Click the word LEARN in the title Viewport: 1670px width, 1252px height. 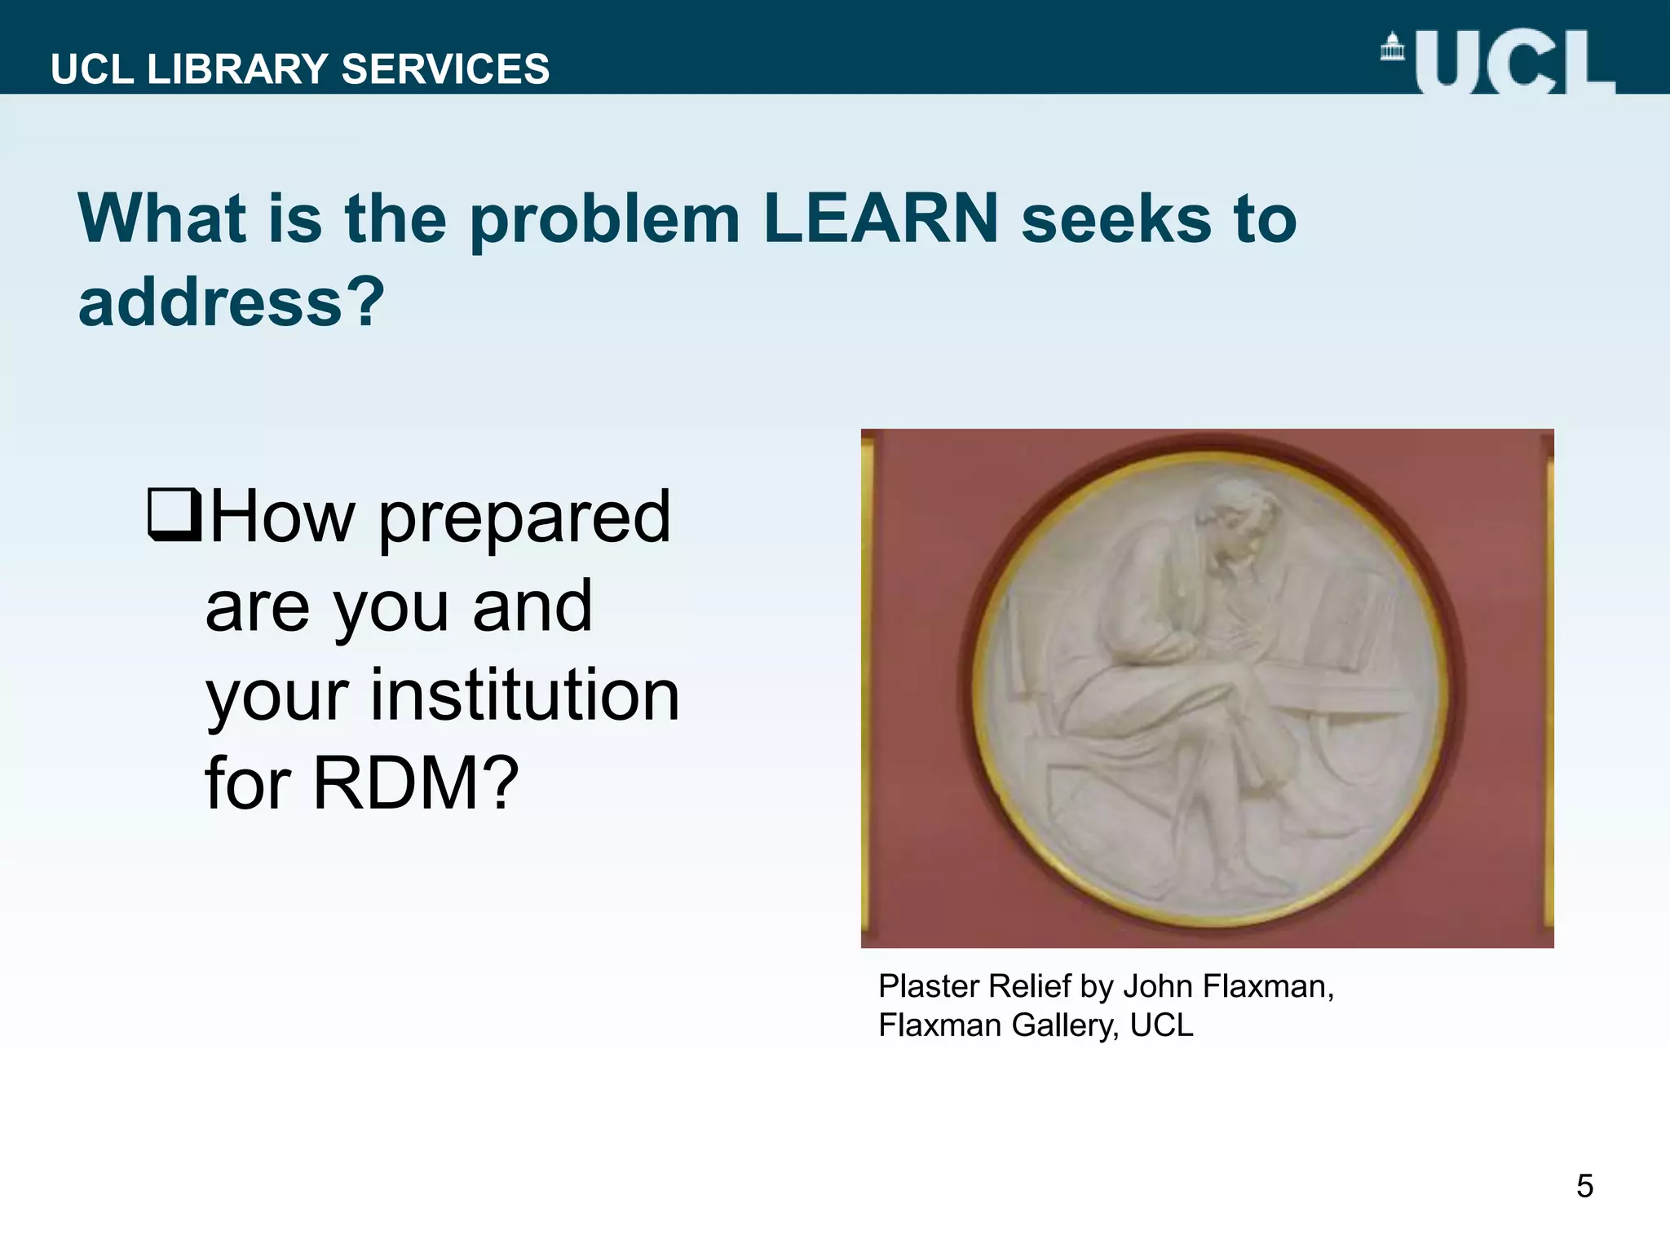tap(881, 218)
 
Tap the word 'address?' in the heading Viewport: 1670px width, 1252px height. tap(231, 302)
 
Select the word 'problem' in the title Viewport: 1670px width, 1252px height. tap(604, 220)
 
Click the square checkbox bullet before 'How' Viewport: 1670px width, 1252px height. tap(174, 514)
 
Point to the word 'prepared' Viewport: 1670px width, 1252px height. tap(524, 518)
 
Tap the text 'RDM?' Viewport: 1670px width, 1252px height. tap(416, 783)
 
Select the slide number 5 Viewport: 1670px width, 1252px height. tap(1584, 1186)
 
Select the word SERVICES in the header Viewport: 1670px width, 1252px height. tap(445, 69)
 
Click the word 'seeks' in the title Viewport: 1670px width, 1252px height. tap(1116, 218)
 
